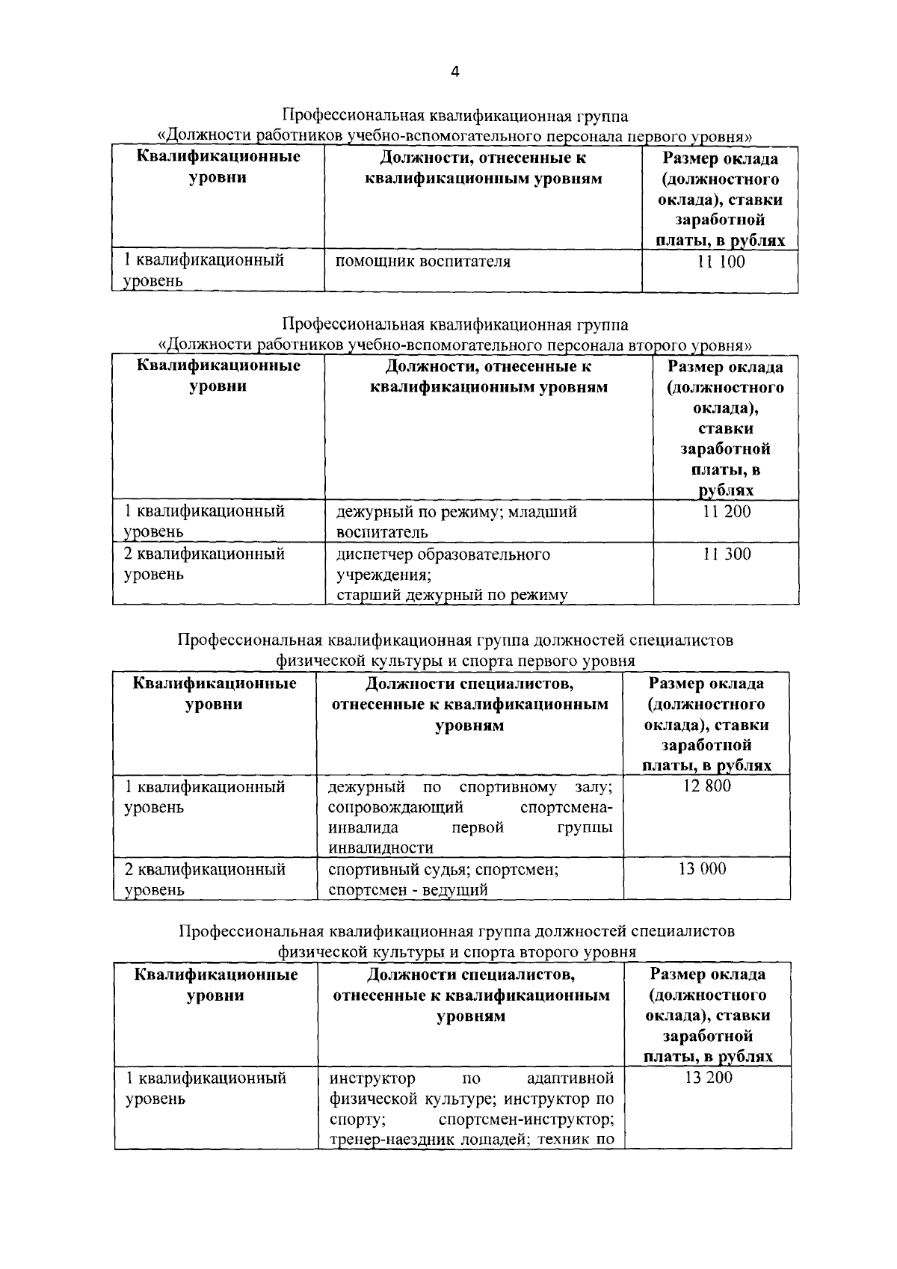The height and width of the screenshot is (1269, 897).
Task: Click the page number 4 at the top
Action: [455, 72]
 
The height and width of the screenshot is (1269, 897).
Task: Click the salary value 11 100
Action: [721, 262]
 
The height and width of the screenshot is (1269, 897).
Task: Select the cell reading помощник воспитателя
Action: [423, 262]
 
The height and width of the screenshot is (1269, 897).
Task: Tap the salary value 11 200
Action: [727, 512]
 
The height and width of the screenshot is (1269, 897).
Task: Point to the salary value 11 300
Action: [727, 555]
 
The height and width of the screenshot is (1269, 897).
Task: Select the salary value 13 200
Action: [708, 1078]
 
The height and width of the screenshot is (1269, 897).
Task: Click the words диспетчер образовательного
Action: [443, 555]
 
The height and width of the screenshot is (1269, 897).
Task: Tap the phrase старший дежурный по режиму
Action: [451, 596]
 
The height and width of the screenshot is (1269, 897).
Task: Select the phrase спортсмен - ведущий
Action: [408, 890]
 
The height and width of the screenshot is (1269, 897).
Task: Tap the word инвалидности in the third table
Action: [380, 848]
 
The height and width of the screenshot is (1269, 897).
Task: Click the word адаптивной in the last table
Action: [570, 1078]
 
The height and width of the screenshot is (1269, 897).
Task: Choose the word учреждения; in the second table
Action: [383, 575]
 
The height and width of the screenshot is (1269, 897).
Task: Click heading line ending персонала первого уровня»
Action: [455, 137]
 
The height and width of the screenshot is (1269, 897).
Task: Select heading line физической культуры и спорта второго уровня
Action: [457, 952]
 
